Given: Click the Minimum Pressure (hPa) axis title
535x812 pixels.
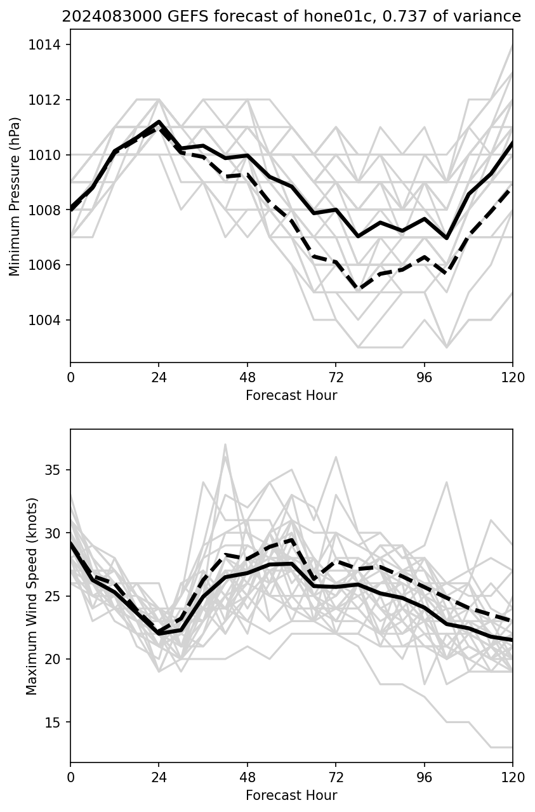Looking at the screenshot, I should pyautogui.click(x=15, y=196).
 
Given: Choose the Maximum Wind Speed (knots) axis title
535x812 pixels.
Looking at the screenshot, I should pyautogui.click(x=32, y=596).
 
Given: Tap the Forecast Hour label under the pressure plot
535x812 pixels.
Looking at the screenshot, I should pyautogui.click(x=291, y=396).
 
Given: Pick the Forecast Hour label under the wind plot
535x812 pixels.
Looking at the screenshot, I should pyautogui.click(x=291, y=795).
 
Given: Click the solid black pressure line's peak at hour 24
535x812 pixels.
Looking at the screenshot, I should pyautogui.click(x=159, y=121).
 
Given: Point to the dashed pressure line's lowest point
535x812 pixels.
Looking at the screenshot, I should pyautogui.click(x=358, y=289).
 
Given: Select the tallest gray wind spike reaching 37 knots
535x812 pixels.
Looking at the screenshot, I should pyautogui.click(x=225, y=444).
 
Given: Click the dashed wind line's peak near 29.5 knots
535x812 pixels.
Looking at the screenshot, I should pyautogui.click(x=291, y=540).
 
